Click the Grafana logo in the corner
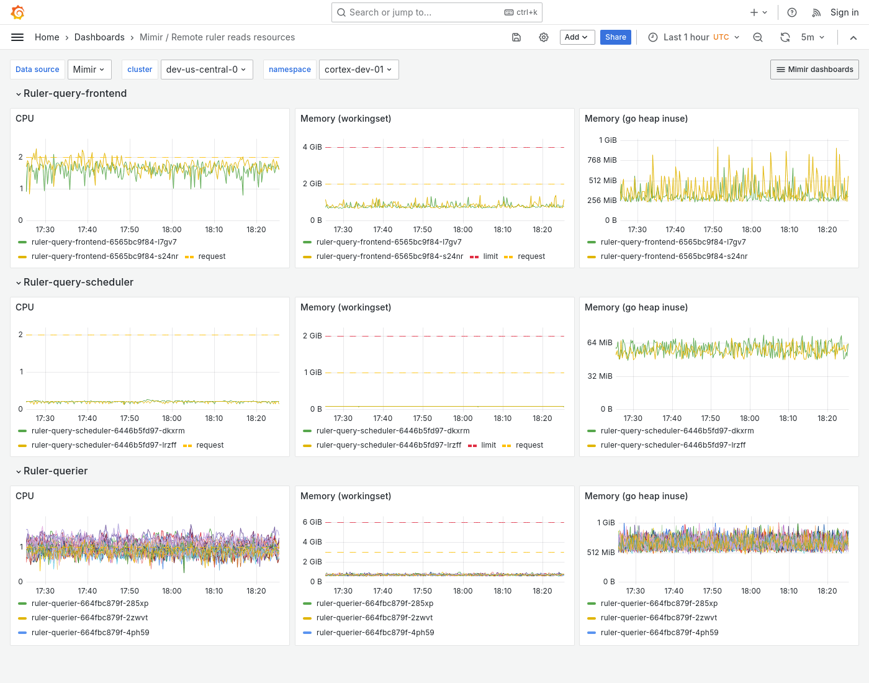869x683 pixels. (x=18, y=12)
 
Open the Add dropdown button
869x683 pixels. (x=577, y=37)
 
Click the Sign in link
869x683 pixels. (x=844, y=12)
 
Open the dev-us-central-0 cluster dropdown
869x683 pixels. (x=205, y=70)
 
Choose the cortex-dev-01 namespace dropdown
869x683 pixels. (x=358, y=70)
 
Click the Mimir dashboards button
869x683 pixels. (x=814, y=70)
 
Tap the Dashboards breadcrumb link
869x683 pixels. (x=99, y=37)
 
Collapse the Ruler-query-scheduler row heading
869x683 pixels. (x=78, y=282)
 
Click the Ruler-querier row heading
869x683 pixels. (x=55, y=471)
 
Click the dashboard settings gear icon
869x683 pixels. (x=544, y=37)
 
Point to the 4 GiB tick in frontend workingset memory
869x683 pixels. (x=312, y=147)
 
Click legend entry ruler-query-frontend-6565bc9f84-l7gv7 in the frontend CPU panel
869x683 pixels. (x=104, y=242)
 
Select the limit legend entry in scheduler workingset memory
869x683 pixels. (x=489, y=445)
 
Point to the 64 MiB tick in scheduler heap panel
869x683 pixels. (x=600, y=343)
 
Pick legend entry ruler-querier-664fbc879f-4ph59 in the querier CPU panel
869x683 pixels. (x=90, y=633)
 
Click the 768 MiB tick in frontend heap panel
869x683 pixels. (x=602, y=160)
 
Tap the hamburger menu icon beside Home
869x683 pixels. (x=17, y=37)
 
